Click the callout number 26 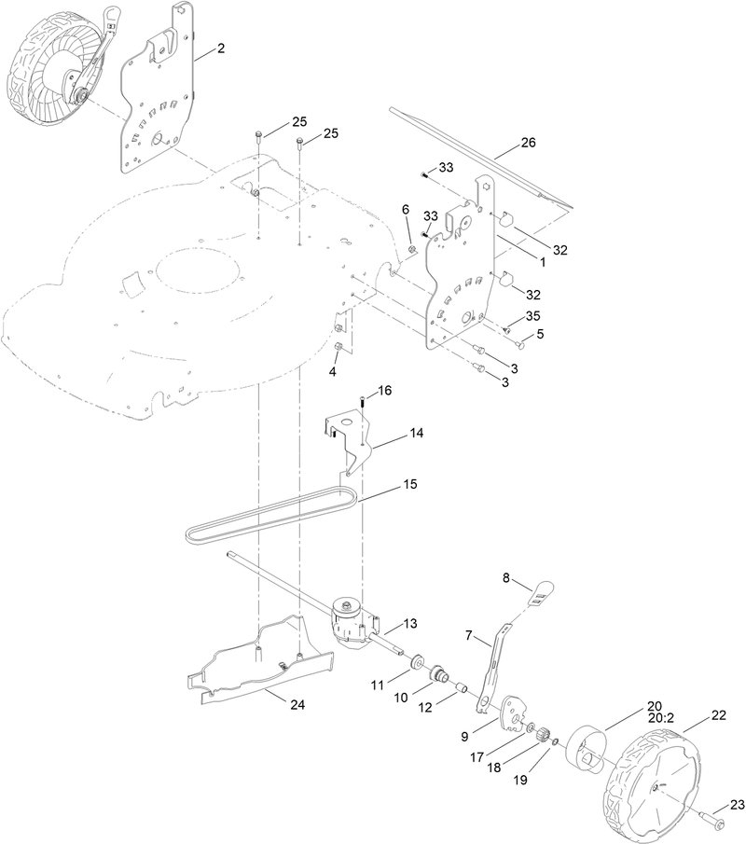tap(528, 144)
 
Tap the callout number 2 tap(220, 48)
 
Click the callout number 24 tap(297, 705)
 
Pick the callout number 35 tap(532, 315)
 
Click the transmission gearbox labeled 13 tap(352, 624)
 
